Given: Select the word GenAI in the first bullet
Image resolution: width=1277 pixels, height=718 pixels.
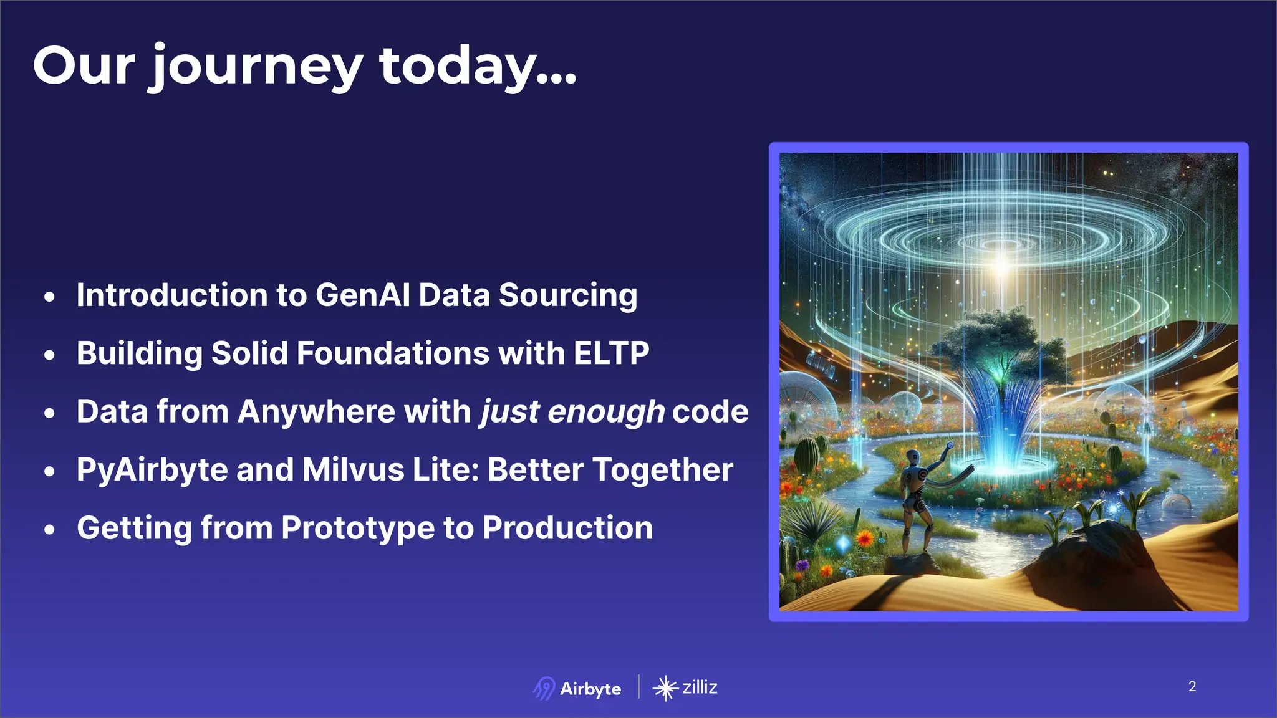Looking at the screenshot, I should pos(363,295).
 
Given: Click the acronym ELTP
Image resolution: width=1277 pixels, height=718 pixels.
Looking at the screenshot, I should pos(611,353).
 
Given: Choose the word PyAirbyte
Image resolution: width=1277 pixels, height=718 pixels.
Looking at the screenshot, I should pos(152,470).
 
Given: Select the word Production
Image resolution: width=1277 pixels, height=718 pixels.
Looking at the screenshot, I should pos(567,528).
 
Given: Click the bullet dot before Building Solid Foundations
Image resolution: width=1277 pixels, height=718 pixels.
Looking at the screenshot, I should pos(50,355).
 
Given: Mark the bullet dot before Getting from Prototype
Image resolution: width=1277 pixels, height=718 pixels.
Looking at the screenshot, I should pos(50,530).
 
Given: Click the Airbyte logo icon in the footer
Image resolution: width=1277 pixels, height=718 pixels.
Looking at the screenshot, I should pos(544,688).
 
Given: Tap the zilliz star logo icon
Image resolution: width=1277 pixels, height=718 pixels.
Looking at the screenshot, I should pos(665,688).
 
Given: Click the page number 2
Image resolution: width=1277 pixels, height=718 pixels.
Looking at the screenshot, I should pos(1192,686).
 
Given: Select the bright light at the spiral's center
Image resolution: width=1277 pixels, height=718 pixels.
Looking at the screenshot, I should pos(1002,266).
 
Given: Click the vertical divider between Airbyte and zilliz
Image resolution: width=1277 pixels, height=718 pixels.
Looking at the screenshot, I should pos(638,687).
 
